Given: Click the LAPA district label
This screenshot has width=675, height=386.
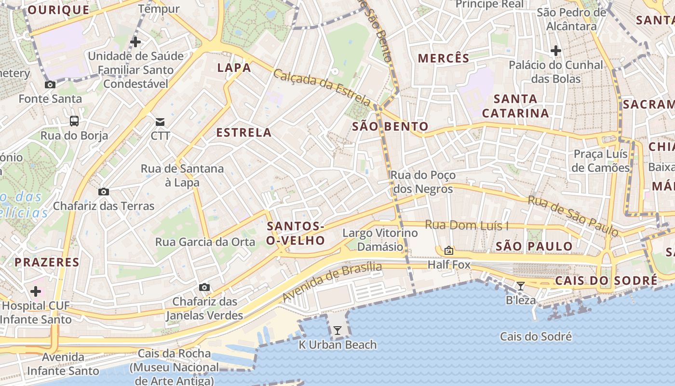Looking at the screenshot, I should [234, 68].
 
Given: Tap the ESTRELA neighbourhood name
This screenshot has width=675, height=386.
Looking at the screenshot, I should [244, 132].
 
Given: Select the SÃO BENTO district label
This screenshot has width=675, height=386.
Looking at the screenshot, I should [390, 126].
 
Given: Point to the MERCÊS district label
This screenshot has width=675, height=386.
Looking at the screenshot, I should [444, 58].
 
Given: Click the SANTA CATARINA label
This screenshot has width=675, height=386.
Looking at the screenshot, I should [515, 106].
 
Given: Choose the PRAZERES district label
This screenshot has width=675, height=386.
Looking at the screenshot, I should [47, 262].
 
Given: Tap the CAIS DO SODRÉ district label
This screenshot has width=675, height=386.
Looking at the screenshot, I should [606, 280].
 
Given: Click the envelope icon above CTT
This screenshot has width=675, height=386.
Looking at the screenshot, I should [160, 122].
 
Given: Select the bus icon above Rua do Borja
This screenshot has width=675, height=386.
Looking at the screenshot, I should [74, 121].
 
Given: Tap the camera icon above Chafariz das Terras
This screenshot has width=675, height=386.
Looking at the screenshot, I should [103, 192].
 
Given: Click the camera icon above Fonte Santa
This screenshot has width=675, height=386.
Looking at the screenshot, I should [50, 84].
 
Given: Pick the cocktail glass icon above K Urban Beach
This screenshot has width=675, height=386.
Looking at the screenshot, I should [337, 331].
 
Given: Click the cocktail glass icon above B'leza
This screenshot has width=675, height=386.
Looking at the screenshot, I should [520, 286].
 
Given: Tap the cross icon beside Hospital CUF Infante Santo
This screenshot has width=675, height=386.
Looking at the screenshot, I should [36, 291].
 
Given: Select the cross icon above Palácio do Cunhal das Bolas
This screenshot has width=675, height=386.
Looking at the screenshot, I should [556, 50].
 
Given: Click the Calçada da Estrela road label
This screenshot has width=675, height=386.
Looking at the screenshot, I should [322, 87].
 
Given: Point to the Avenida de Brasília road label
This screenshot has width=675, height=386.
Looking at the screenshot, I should [332, 281].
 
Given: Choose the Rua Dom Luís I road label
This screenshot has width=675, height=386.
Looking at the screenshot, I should [467, 225].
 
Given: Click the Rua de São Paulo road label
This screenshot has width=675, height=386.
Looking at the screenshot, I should [573, 215].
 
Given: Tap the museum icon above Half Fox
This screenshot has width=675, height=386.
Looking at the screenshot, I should [449, 250].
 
